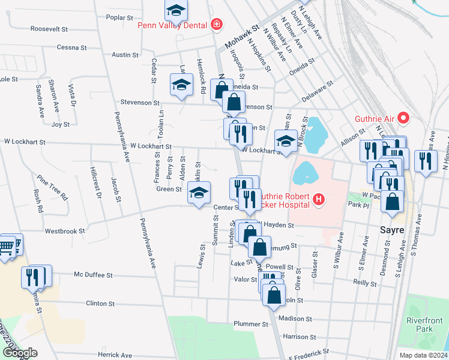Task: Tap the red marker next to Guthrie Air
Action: (403, 118)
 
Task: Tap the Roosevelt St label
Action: (50, 29)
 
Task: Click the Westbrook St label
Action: (65, 230)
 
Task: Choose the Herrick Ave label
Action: (114, 355)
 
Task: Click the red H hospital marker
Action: (318, 199)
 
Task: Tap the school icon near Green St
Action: (198, 193)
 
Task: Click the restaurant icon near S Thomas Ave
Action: (426, 160)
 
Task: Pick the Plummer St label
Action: (251, 324)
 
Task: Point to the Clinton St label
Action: (100, 304)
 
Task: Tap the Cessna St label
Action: (72, 47)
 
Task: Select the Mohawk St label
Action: (241, 38)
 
